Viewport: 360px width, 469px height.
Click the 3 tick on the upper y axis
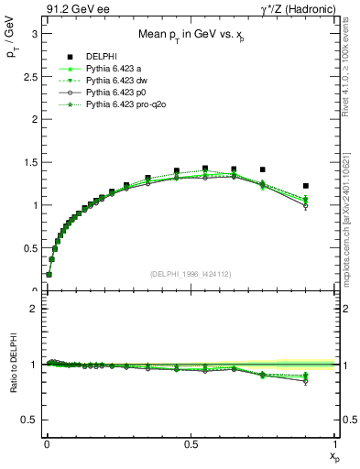[32, 34]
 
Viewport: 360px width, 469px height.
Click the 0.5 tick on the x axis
[191, 444]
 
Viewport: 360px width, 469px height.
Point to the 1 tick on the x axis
[335, 444]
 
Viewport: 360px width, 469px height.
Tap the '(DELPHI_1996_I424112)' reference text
[190, 274]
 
